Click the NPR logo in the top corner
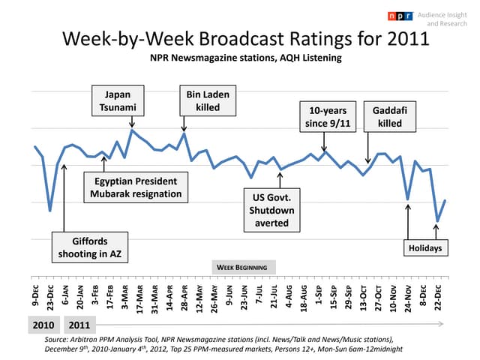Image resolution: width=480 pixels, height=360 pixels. coord(400,16)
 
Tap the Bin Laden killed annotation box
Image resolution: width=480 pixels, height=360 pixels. coord(208,101)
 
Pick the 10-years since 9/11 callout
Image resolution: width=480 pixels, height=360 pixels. coord(324,116)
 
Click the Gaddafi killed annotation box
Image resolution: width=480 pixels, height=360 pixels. coord(390,116)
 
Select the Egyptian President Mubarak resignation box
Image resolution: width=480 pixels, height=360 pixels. coord(136,187)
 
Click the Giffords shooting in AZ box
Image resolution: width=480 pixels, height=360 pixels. coord(89,247)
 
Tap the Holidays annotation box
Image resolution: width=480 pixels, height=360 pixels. coord(424,248)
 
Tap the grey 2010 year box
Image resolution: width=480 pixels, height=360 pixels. coord(41,325)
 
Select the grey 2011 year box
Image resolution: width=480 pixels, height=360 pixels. coord(80,325)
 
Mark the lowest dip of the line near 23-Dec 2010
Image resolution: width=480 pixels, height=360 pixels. coord(50,211)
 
